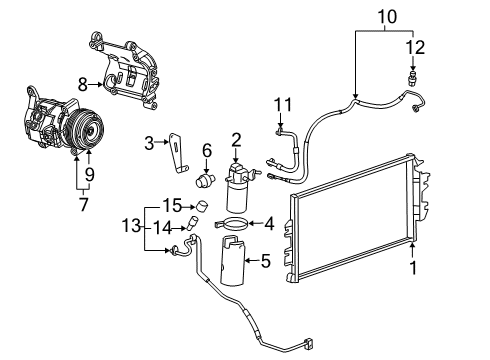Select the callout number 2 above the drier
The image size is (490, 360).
click(236, 139)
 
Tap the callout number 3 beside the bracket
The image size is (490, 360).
click(148, 143)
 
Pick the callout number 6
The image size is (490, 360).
click(207, 150)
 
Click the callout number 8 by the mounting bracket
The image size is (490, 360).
click(83, 84)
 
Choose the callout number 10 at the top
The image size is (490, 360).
click(385, 16)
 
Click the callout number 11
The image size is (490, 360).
click(284, 104)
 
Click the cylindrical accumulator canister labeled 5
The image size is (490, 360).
click(231, 262)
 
